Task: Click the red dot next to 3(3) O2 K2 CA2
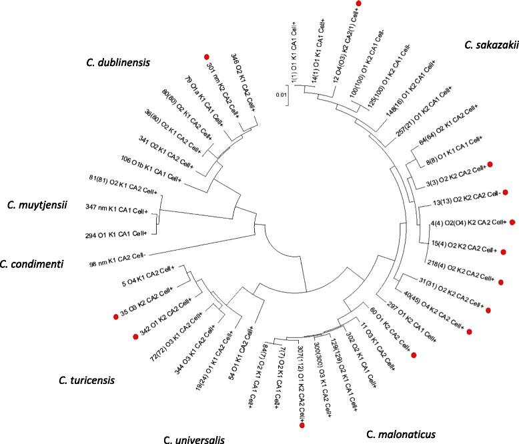490,164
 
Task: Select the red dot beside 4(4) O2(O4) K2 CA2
513,222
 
